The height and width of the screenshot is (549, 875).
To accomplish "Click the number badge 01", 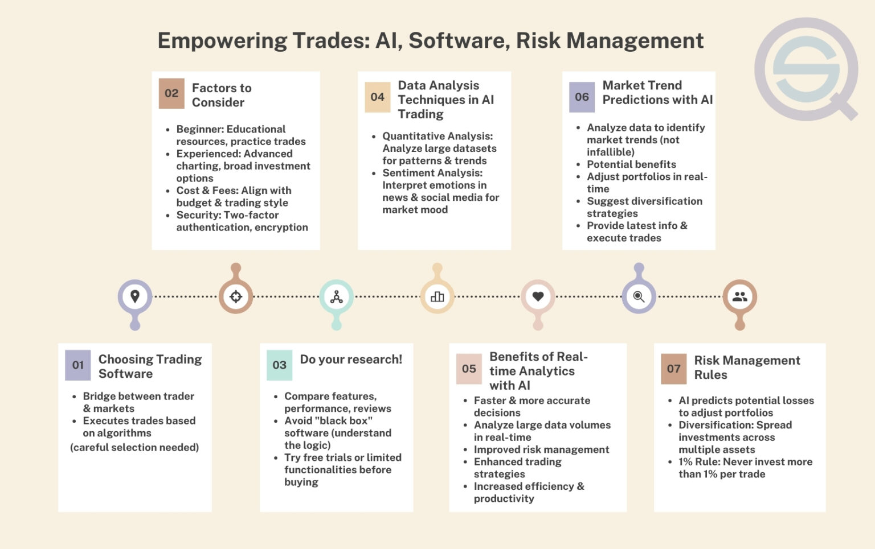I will [77, 365].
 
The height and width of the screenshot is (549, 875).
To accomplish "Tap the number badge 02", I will [171, 93].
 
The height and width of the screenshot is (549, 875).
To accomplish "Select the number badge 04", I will [377, 97].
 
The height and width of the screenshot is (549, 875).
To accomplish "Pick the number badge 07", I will [673, 369].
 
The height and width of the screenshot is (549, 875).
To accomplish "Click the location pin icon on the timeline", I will [135, 296].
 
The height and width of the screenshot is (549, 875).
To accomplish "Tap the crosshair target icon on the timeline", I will [236, 296].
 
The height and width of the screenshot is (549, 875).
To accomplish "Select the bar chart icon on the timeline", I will [437, 296].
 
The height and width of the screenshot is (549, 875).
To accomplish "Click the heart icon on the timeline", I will [538, 296].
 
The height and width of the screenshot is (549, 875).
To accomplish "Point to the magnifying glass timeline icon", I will [639, 296].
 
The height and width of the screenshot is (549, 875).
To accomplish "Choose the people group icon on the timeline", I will [739, 296].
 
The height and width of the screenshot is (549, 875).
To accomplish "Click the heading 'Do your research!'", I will [351, 360].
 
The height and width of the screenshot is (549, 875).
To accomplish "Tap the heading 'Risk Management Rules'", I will [747, 368].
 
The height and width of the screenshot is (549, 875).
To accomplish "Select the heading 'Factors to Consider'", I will [222, 95].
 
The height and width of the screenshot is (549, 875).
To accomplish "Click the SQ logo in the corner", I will [807, 69].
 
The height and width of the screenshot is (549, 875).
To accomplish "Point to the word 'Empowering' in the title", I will [222, 41].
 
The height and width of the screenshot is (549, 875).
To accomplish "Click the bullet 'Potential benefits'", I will [631, 164].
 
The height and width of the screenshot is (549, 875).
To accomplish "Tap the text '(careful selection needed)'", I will [134, 447].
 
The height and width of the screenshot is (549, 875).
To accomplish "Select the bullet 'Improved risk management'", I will [541, 449].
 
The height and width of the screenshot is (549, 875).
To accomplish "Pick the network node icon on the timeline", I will [337, 296].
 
